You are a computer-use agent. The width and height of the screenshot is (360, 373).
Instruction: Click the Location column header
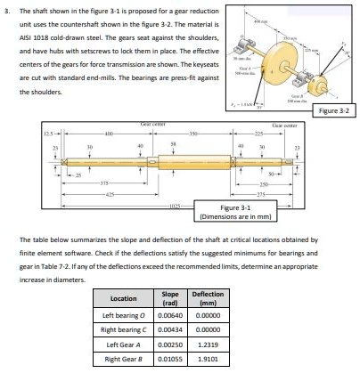122,298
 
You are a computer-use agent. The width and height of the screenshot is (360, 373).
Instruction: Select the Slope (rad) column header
170,298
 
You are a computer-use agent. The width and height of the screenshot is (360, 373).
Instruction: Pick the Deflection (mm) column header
208,298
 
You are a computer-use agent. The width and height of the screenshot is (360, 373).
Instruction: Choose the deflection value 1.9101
208,359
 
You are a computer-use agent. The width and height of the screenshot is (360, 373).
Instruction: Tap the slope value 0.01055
170,359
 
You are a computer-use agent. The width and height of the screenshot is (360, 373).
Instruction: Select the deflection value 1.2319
208,345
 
